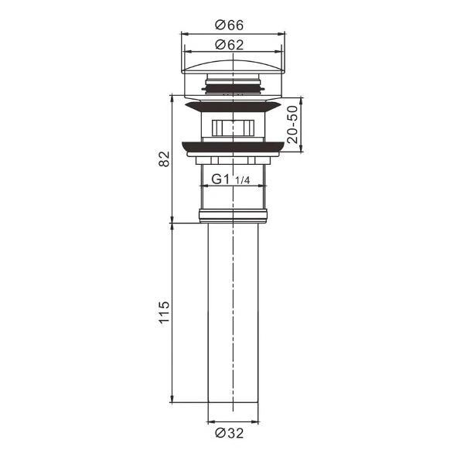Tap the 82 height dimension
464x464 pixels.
coord(163,159)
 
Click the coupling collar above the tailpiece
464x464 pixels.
coord(231,215)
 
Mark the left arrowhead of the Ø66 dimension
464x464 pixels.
coord(183,34)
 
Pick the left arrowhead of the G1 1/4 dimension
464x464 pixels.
coord(203,187)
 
